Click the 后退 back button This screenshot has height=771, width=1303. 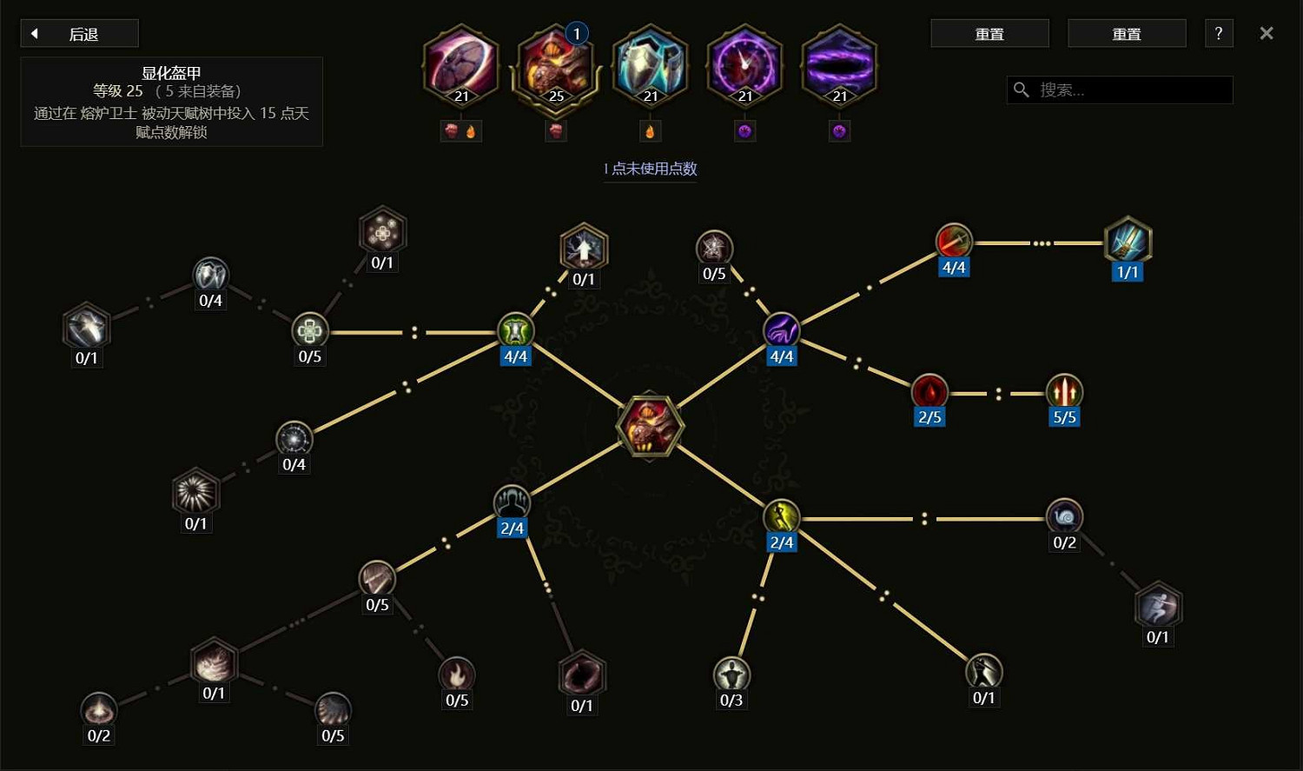click(x=80, y=34)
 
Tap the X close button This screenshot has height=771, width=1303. click(x=1267, y=33)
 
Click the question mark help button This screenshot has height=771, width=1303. click(x=1219, y=33)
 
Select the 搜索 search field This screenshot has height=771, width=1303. click(x=1120, y=90)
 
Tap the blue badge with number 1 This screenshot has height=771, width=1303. click(x=577, y=34)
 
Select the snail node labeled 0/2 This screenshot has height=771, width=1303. click(x=1064, y=516)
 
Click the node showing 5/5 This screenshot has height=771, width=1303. click(x=1064, y=392)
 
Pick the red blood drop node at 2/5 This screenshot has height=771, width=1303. click(x=929, y=392)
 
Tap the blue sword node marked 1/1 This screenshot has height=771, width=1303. click(x=1128, y=242)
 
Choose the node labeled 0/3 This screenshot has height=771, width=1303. click(x=731, y=675)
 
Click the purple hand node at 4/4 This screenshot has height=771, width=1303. click(x=781, y=330)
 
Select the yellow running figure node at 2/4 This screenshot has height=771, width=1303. click(x=781, y=516)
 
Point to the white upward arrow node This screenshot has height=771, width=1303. click(x=584, y=248)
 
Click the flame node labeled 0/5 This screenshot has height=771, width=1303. click(x=457, y=675)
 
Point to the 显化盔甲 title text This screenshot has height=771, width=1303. click(x=171, y=73)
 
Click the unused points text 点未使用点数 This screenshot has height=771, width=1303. click(x=654, y=169)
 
